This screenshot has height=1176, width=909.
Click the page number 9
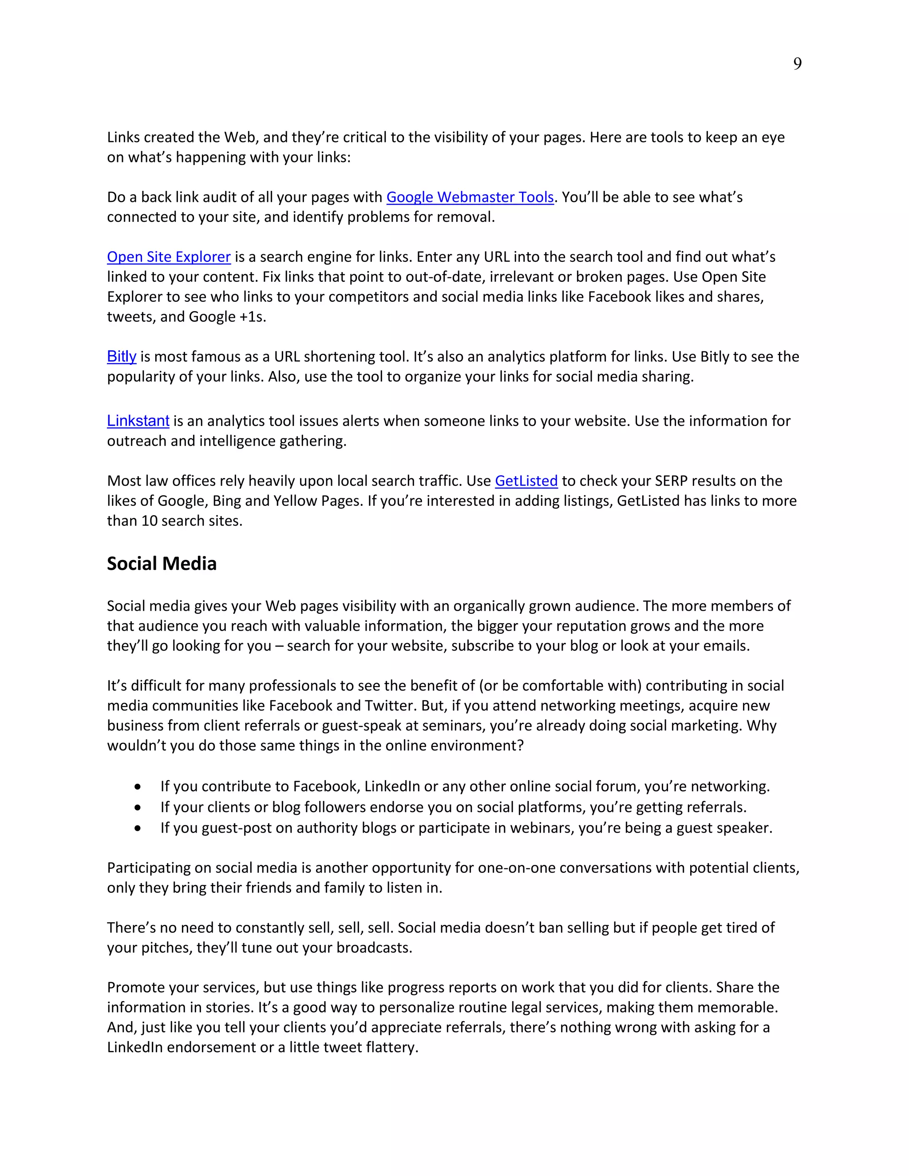coord(797,64)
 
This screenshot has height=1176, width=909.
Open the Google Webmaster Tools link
coord(470,197)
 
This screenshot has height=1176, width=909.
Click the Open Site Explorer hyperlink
coord(169,257)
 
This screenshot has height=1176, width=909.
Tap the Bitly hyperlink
coord(121,356)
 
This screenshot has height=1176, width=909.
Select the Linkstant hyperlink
coord(138,421)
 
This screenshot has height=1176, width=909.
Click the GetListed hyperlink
coord(526,481)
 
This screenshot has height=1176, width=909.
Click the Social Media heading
coord(162,564)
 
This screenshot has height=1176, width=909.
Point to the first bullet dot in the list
coord(138,787)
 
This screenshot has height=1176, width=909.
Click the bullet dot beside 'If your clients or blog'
coord(138,808)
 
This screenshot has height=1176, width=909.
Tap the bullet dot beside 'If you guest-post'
coord(138,828)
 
